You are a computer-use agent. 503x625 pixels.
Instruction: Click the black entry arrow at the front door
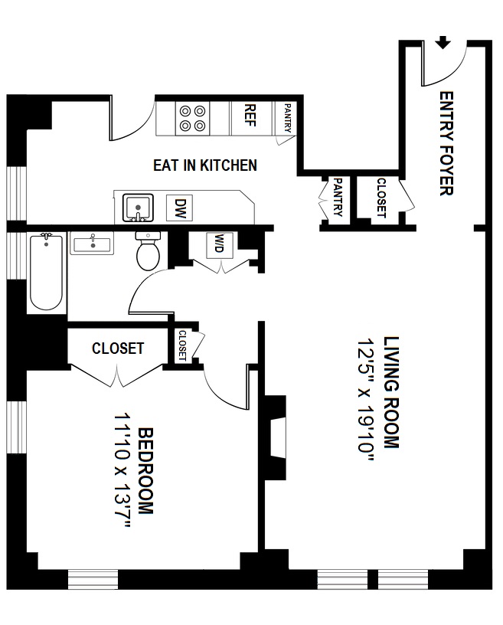(x=443, y=42)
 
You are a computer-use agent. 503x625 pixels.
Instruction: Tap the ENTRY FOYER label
(x=446, y=144)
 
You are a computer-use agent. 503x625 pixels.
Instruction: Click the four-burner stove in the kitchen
(x=192, y=118)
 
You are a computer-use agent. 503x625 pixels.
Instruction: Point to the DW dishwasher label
(x=181, y=207)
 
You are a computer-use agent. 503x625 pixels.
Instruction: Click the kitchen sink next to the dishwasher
(x=139, y=208)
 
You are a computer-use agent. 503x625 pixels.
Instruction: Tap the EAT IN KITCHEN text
(x=204, y=165)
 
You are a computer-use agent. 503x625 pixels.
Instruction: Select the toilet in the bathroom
(x=148, y=252)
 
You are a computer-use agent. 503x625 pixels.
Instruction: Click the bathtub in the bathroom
(x=45, y=272)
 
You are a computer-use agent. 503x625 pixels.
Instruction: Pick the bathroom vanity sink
(x=91, y=245)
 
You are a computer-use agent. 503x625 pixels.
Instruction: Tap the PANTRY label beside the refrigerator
(x=286, y=118)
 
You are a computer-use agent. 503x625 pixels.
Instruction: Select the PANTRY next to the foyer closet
(x=338, y=198)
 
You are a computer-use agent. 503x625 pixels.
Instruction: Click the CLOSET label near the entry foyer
(x=381, y=198)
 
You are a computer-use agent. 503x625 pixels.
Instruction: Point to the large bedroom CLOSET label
(x=118, y=348)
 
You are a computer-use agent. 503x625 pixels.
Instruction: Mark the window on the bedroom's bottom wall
(x=93, y=579)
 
